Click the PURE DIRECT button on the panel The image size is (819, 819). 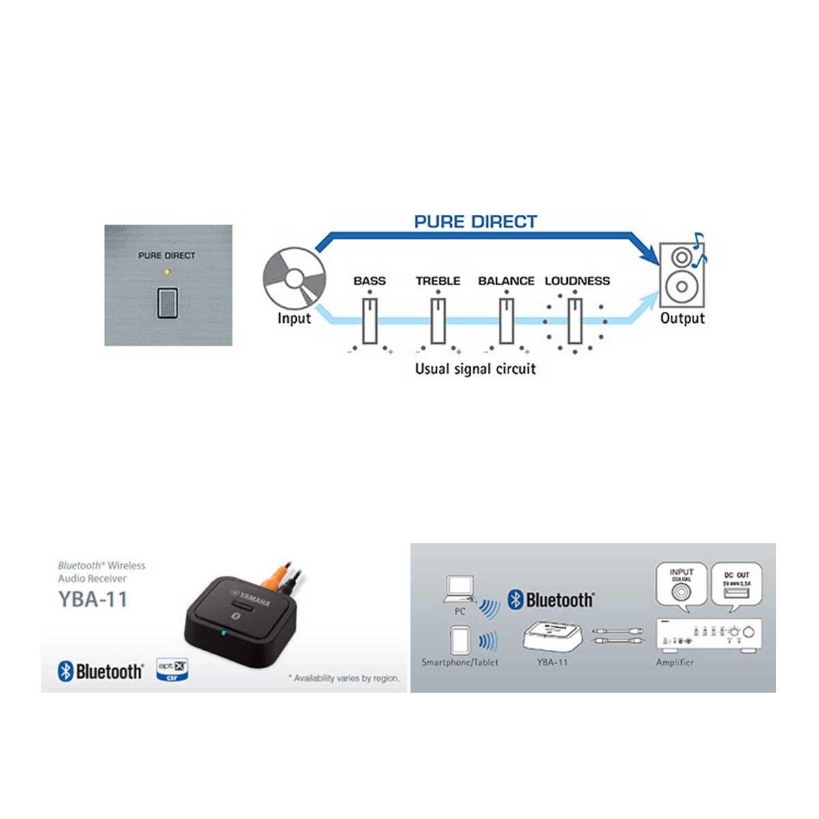(x=167, y=303)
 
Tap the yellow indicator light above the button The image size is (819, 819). (x=167, y=271)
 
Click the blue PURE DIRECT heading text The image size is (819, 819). (x=475, y=222)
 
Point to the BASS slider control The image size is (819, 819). (x=370, y=321)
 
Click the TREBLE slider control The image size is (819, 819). (x=438, y=321)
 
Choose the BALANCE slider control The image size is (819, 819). (x=506, y=321)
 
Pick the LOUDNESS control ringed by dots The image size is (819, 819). (x=575, y=321)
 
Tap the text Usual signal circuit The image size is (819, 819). (x=475, y=369)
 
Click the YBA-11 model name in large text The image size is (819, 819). (x=93, y=599)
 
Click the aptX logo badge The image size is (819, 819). (x=171, y=669)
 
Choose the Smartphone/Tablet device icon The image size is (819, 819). (x=459, y=640)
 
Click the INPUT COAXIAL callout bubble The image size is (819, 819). (x=681, y=584)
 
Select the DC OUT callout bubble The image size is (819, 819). (x=736, y=584)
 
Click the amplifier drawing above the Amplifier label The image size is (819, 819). (x=708, y=635)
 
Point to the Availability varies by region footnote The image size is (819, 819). (x=344, y=678)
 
